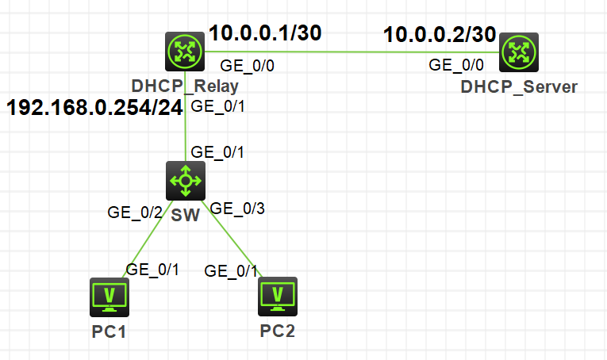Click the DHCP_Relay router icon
186,52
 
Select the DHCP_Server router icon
519,53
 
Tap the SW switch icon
186,181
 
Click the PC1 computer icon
108,297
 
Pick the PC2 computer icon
278,297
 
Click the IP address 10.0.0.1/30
266,33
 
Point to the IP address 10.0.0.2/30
440,35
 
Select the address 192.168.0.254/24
95,107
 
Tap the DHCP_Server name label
519,86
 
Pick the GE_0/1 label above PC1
153,269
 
